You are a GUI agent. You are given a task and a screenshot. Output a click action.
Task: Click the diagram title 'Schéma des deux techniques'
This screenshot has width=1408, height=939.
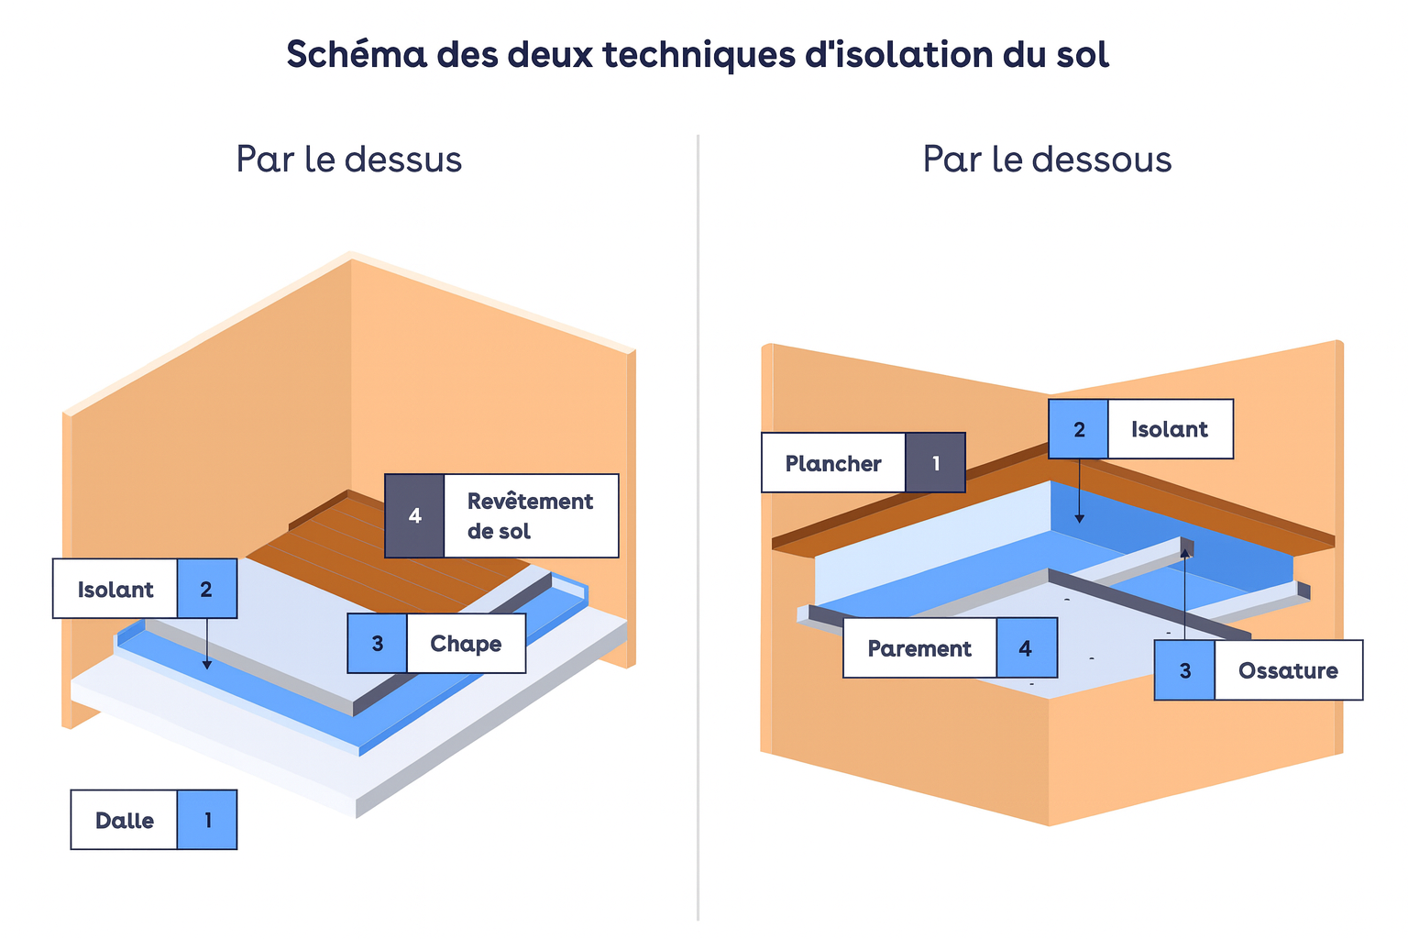click(x=698, y=55)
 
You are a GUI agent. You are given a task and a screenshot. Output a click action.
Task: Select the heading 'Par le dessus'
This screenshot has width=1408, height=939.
click(x=349, y=160)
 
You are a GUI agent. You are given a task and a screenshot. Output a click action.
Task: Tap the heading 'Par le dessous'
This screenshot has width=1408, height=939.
click(x=1047, y=160)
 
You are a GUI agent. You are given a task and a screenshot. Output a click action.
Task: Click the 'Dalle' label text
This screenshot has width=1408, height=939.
click(x=125, y=820)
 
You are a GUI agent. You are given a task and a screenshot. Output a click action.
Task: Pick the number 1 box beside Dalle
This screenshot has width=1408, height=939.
click(x=207, y=820)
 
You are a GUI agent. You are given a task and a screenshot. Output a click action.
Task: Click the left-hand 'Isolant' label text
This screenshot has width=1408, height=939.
click(x=115, y=589)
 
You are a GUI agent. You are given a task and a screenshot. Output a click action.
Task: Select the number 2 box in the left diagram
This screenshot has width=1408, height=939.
click(x=206, y=589)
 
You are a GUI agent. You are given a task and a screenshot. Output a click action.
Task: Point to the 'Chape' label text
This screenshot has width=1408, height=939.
click(x=466, y=644)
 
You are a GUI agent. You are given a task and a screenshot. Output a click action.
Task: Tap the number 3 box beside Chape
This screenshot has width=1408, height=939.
click(x=378, y=644)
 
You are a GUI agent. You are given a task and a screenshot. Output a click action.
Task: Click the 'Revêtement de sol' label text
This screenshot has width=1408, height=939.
click(x=530, y=516)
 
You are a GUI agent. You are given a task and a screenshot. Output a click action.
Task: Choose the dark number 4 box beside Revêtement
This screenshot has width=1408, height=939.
click(x=415, y=516)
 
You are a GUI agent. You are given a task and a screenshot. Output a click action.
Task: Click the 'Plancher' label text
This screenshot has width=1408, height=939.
click(x=833, y=463)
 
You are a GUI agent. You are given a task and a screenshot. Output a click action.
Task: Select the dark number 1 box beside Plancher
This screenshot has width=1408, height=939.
click(x=936, y=463)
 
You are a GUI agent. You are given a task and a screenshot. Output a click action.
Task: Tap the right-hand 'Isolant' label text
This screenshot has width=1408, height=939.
click(x=1170, y=429)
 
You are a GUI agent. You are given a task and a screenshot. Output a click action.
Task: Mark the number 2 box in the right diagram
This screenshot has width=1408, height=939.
click(x=1079, y=429)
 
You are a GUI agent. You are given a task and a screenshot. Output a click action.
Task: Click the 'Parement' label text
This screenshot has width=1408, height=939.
click(x=919, y=648)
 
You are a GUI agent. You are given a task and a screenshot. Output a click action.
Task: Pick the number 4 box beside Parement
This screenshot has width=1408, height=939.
click(x=1026, y=648)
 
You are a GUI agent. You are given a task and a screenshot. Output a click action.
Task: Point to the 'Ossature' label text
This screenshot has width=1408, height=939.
click(x=1288, y=670)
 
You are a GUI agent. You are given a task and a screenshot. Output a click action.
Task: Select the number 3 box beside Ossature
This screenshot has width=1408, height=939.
click(x=1185, y=670)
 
